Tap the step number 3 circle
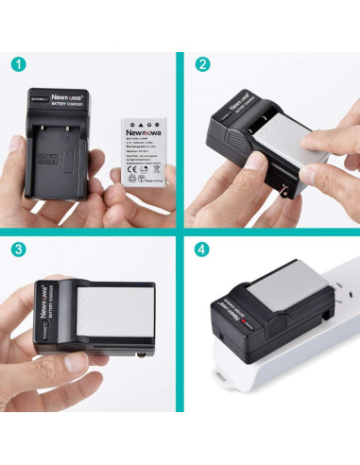pyautogui.click(x=19, y=250)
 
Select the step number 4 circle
pyautogui.click(x=202, y=250)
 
